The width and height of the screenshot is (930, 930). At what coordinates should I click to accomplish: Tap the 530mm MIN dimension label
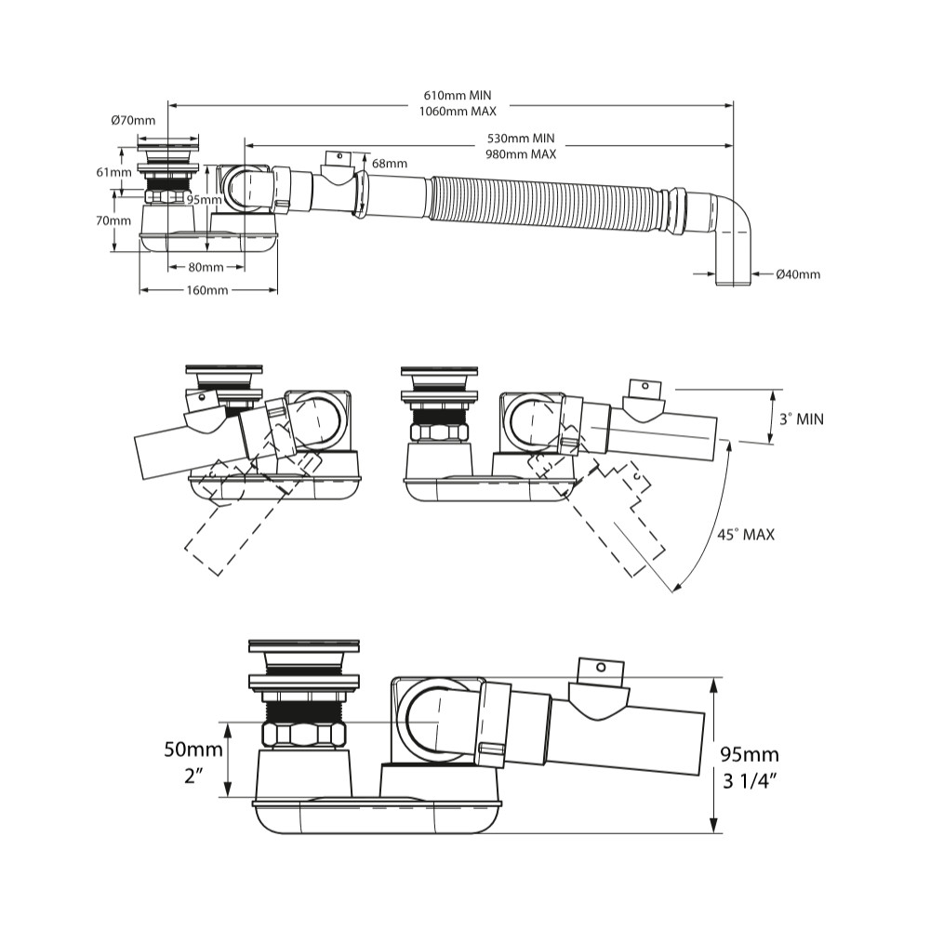tap(521, 139)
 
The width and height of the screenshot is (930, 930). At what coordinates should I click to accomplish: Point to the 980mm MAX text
tap(521, 154)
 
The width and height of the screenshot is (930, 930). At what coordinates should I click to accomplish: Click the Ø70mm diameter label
tap(132, 121)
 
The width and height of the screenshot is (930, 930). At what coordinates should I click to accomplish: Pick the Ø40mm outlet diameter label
tap(798, 273)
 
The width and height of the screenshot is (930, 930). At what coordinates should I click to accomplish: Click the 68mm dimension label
tap(390, 164)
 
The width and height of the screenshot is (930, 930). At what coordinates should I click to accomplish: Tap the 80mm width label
tap(206, 268)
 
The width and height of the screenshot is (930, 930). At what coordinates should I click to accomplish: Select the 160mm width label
tap(206, 291)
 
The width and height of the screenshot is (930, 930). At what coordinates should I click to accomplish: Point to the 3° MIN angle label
tap(802, 419)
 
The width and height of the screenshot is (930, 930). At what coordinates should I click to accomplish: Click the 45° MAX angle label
tap(746, 535)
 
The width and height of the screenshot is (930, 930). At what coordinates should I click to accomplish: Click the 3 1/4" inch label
tap(751, 780)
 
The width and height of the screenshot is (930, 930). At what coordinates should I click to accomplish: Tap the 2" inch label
tap(193, 775)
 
